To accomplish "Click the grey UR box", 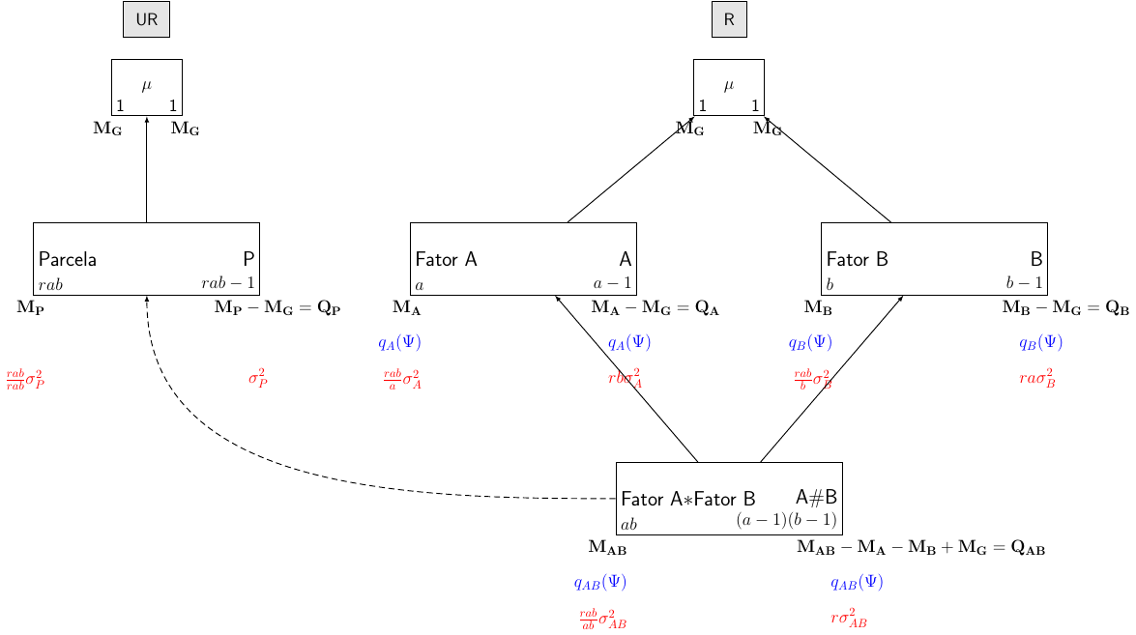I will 146,20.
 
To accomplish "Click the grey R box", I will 729,20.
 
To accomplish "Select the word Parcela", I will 68,259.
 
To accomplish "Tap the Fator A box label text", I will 446,259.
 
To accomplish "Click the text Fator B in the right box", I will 857,259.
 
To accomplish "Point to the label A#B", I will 816,497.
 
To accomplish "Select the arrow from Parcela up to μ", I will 146,169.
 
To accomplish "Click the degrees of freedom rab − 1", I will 228,283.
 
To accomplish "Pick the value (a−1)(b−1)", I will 786,520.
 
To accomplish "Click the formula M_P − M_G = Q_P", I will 277,308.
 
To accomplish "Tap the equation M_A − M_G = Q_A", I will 655,308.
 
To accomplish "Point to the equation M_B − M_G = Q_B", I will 1065,308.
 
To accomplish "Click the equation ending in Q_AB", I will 920,548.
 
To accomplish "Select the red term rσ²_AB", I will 849,619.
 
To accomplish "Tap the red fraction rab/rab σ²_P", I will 25,379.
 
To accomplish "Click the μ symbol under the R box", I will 729,85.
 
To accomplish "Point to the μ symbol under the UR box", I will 146,85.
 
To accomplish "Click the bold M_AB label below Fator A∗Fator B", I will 607,548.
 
